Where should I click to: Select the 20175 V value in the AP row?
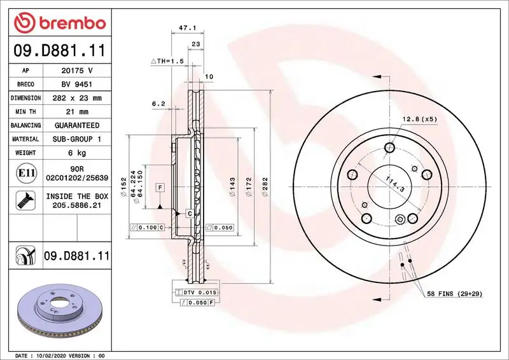(x=77, y=71)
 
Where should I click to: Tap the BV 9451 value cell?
(x=77, y=85)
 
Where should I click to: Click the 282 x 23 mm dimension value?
(x=77, y=98)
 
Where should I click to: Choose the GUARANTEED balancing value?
(x=77, y=125)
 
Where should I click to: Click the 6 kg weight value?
(x=77, y=153)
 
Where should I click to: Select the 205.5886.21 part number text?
(x=77, y=206)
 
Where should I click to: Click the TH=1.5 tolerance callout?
(x=167, y=60)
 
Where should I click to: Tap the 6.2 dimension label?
(x=158, y=103)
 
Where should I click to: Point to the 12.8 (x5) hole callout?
(x=419, y=119)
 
